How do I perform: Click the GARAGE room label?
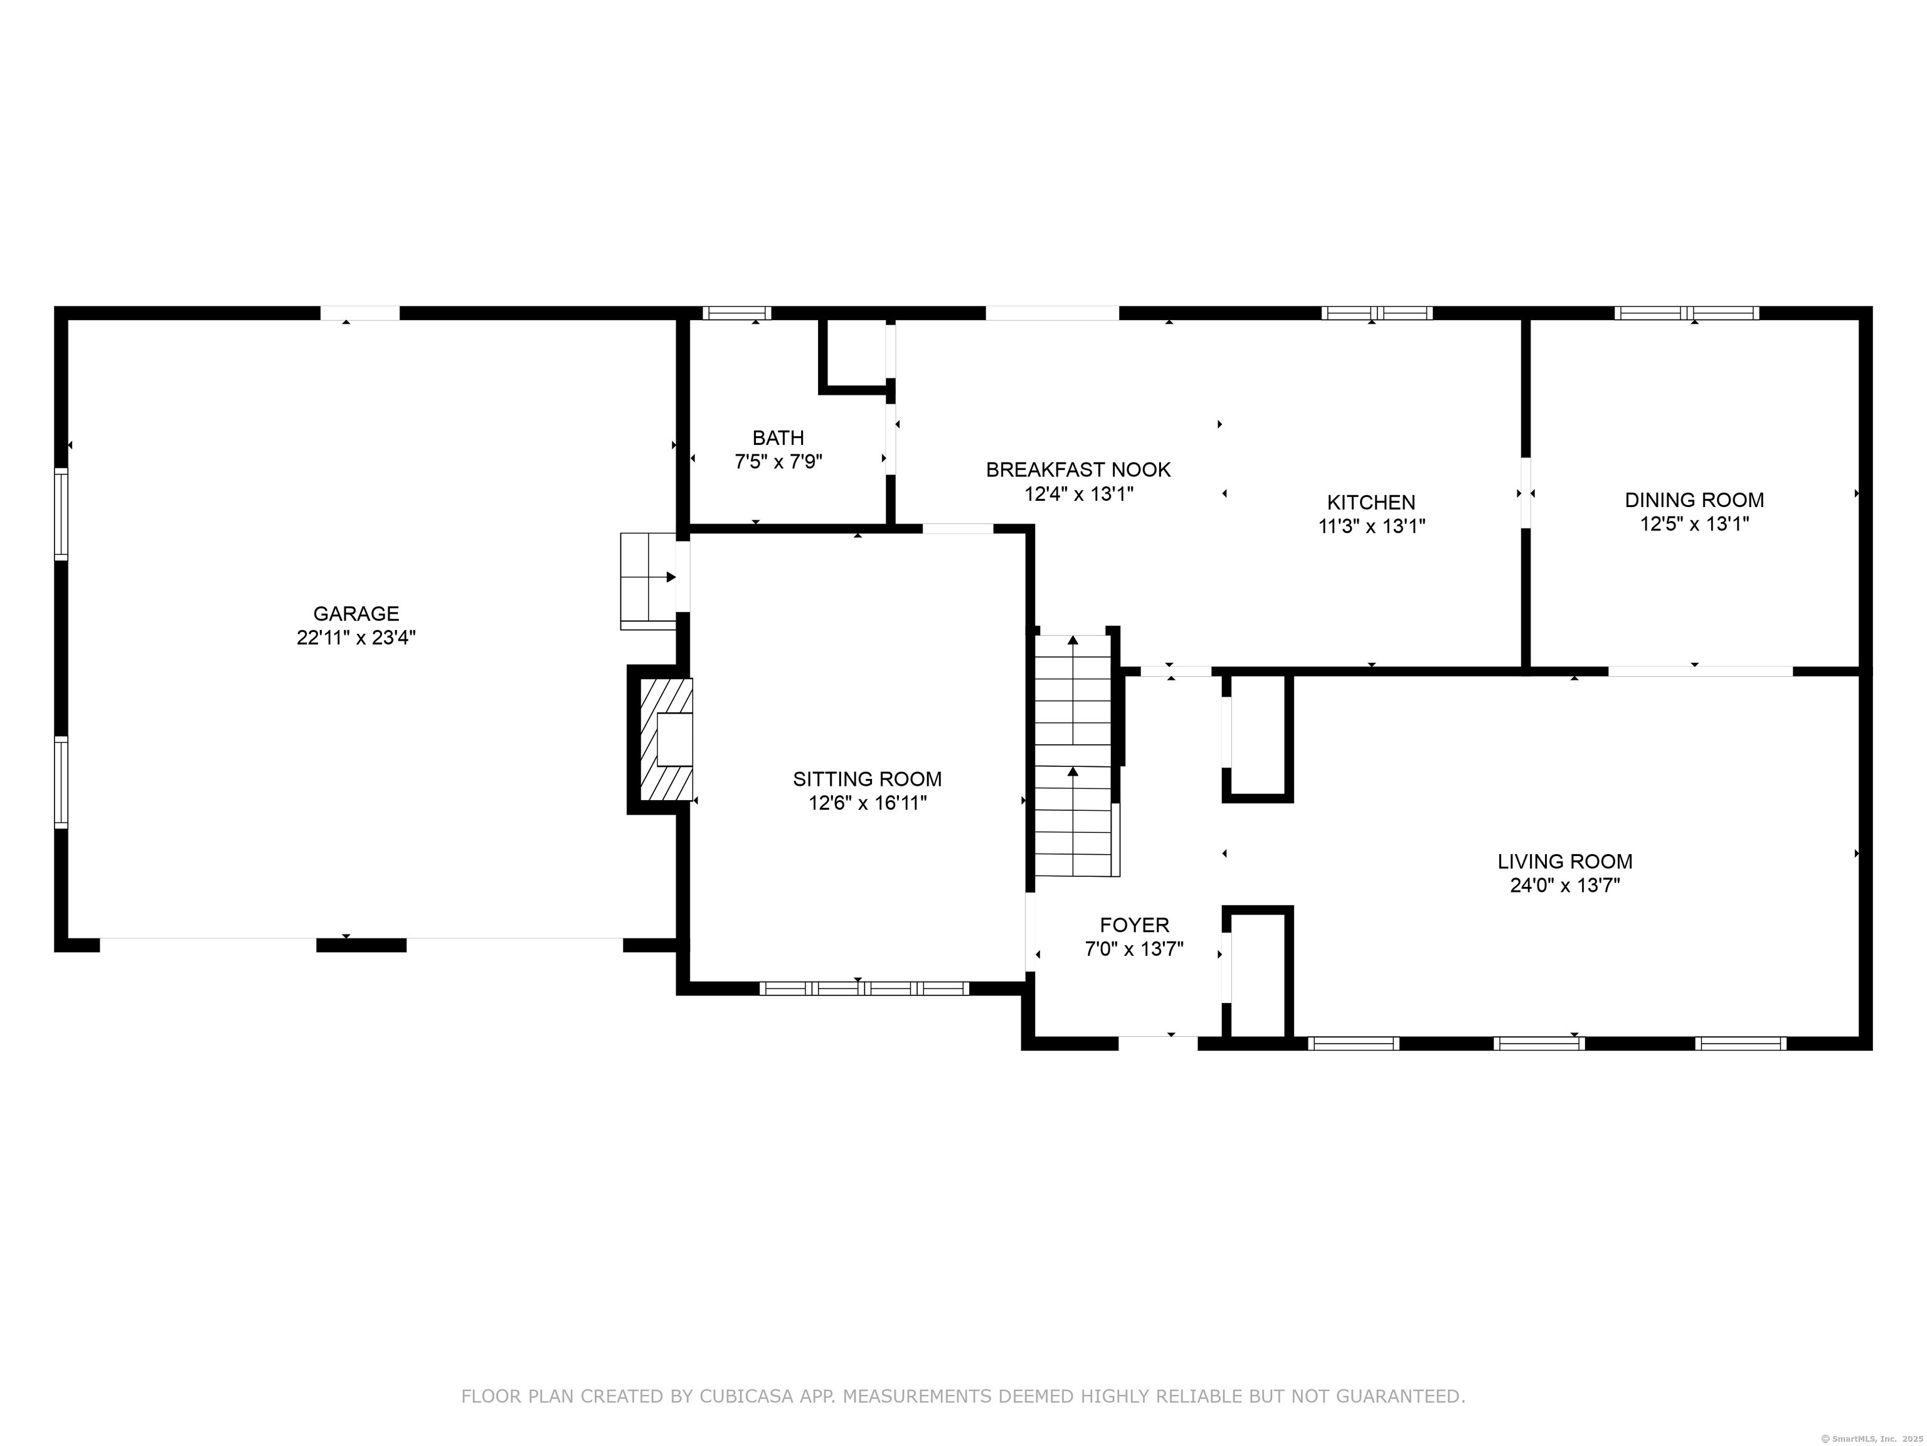356,614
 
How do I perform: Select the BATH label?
778,437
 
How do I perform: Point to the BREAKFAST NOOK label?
1078,470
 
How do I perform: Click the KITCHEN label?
1371,502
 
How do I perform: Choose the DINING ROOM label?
1694,500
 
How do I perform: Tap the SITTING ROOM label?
868,779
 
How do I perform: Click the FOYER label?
1134,925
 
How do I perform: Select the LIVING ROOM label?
1566,862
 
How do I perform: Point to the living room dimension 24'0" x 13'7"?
1566,886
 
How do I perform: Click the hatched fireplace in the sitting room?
666,740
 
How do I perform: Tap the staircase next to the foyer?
1074,756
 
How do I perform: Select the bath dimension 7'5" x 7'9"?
778,462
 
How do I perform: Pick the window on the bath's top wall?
737,313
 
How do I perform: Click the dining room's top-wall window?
1687,313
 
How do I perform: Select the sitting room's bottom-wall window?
864,988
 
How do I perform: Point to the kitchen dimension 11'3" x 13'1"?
1371,527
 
